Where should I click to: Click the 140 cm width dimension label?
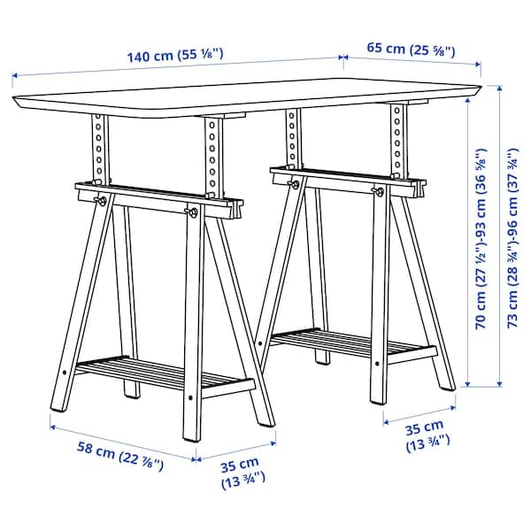pyautogui.click(x=174, y=55)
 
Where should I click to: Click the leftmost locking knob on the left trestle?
pyautogui.click(x=103, y=201)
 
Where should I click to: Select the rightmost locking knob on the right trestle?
pyautogui.click(x=379, y=191)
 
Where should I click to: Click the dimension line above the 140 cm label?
pyautogui.click(x=177, y=67)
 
